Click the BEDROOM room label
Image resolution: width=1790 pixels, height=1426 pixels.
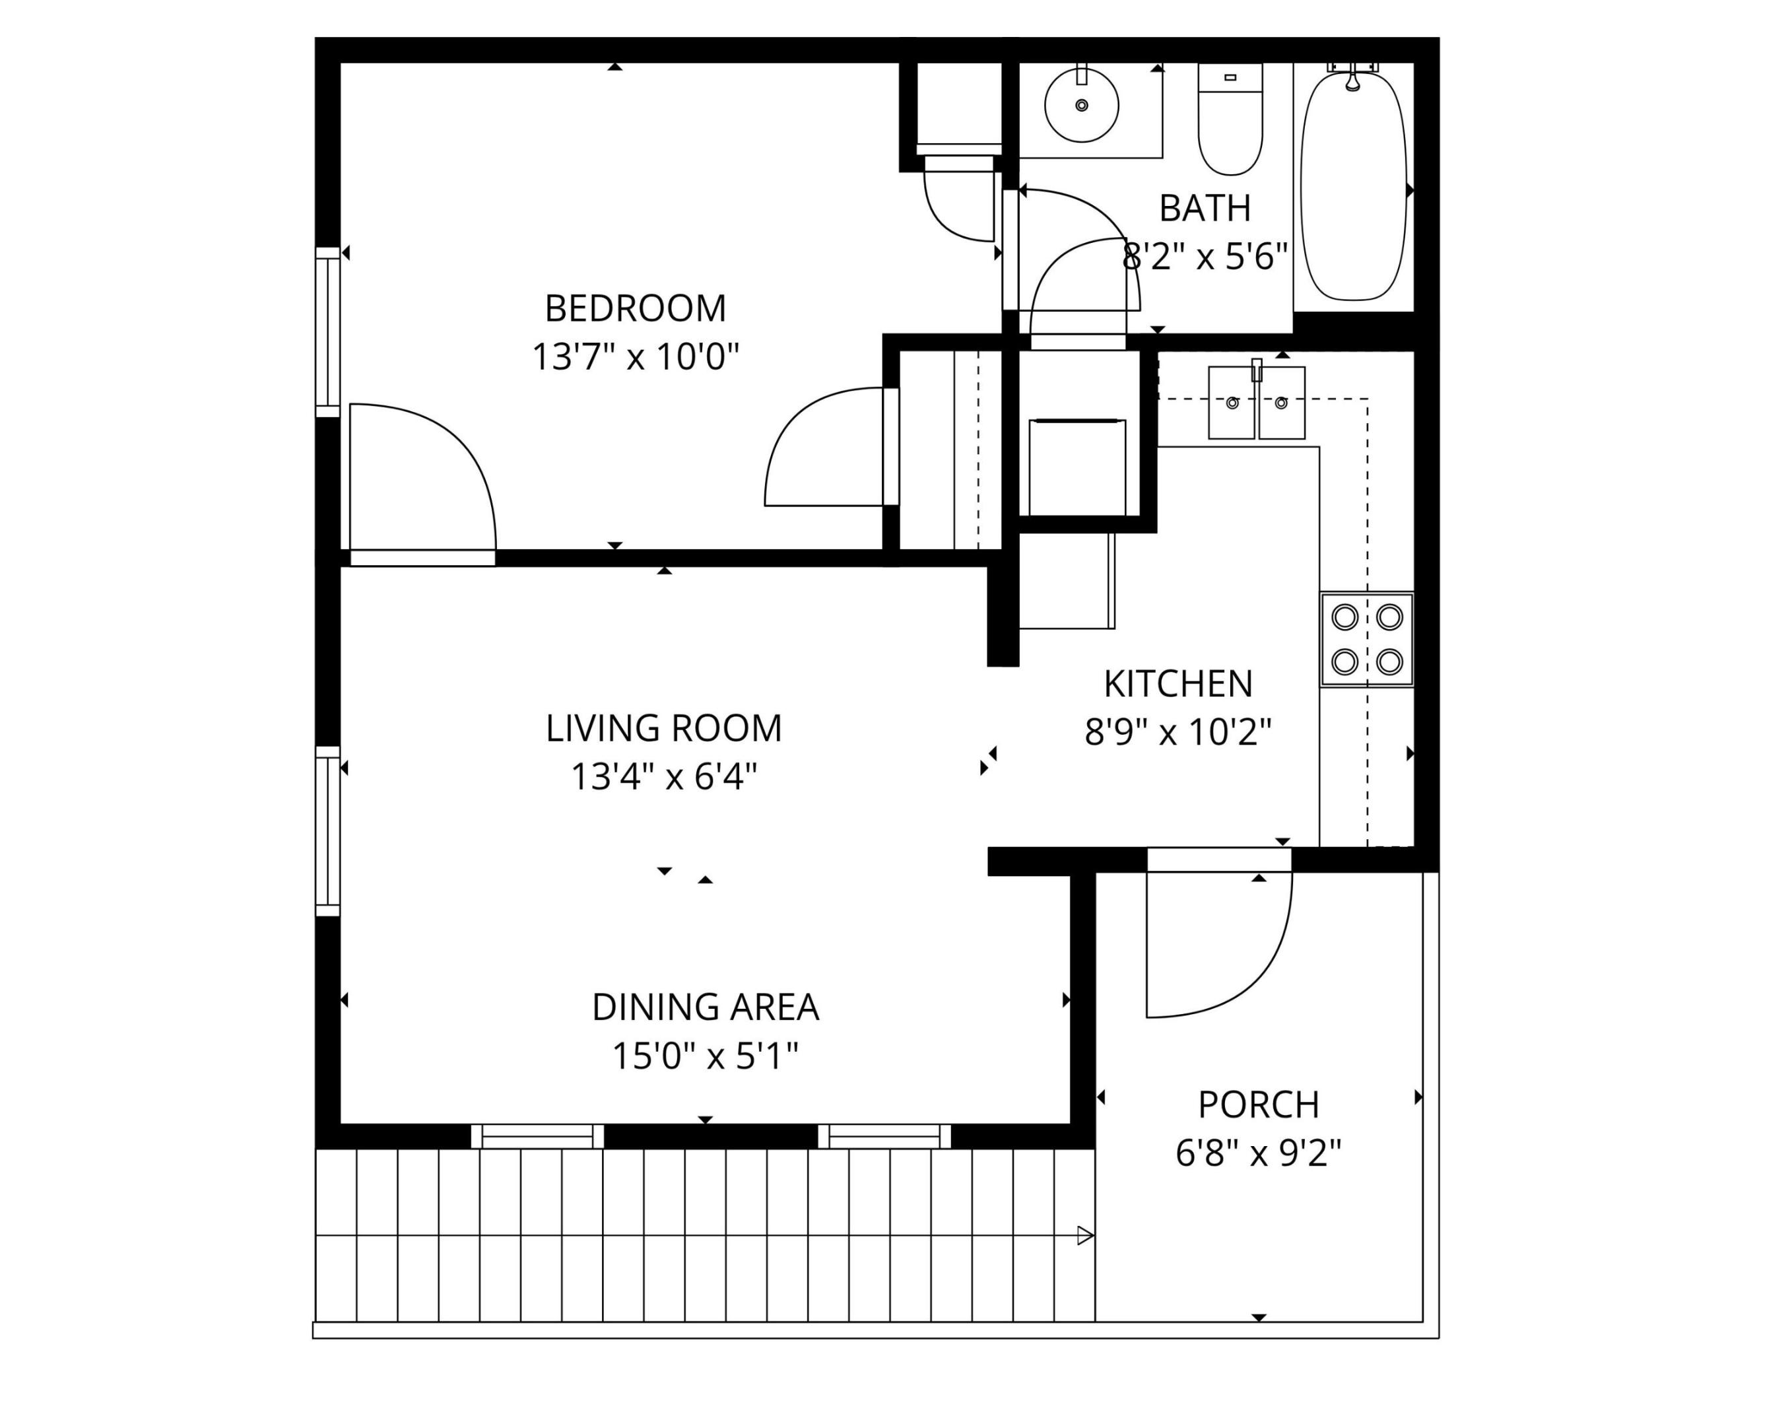click(x=635, y=309)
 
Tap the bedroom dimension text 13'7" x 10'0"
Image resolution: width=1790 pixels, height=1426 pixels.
click(x=635, y=358)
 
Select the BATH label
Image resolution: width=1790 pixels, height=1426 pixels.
click(x=1205, y=209)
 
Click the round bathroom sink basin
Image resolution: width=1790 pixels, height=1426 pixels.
click(x=1081, y=106)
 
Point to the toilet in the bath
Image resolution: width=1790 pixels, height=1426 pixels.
click(x=1230, y=120)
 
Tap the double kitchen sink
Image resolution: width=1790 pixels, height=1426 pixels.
click(x=1256, y=403)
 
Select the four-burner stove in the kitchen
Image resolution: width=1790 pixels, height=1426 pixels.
click(x=1366, y=640)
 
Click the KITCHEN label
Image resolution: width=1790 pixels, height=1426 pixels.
click(x=1177, y=685)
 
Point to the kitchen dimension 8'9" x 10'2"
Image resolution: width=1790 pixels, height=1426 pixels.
click(x=1177, y=733)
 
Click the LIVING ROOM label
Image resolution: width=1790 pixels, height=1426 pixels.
click(x=663, y=728)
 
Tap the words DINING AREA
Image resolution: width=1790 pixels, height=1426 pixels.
click(x=705, y=1007)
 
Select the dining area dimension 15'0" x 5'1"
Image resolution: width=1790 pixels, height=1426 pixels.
click(x=705, y=1057)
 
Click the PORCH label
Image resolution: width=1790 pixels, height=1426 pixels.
click(x=1258, y=1105)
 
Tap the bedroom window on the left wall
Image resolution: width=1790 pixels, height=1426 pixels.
click(x=328, y=332)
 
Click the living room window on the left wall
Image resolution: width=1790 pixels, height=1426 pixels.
click(x=328, y=831)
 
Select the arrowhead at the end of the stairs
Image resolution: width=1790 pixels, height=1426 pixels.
click(x=1085, y=1236)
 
